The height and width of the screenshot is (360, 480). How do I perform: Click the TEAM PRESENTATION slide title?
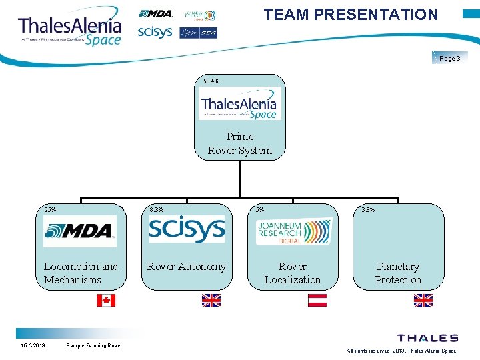click(351, 15)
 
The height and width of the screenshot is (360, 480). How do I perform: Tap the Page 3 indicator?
click(450, 59)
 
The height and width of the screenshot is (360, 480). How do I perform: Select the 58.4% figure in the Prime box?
click(211, 81)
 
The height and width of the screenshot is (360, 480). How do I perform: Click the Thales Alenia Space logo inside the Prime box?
click(239, 105)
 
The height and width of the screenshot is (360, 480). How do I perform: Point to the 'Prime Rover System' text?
click(240, 143)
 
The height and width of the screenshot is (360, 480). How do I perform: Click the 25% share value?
click(50, 209)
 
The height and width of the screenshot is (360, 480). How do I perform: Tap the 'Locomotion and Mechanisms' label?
click(81, 273)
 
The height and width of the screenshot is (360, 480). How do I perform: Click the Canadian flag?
click(105, 300)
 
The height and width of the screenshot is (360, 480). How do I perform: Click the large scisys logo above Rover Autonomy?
click(186, 230)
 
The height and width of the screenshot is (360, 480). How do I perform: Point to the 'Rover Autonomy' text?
click(187, 267)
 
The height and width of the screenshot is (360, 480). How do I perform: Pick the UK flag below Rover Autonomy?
click(211, 300)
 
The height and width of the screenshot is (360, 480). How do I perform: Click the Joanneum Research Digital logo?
click(293, 231)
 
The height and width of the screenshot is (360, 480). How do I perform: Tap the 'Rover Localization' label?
click(293, 273)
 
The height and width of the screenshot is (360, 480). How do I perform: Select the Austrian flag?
click(317, 300)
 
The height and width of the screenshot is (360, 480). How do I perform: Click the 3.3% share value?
click(367, 209)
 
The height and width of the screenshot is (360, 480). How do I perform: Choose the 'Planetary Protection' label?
click(398, 273)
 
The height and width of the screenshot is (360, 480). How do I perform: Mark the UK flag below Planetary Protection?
click(423, 300)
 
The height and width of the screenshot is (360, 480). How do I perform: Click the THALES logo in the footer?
click(427, 339)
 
